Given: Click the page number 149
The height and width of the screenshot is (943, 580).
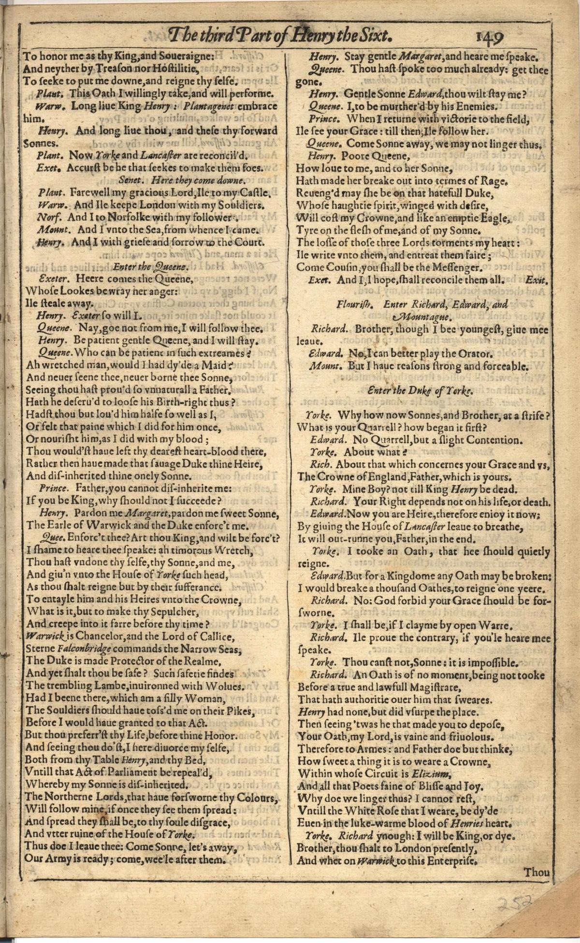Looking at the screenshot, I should coord(489,37).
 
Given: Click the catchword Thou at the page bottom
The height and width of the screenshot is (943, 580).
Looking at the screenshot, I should coord(536,872).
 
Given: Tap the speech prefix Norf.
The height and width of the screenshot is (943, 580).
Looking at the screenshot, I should coord(47,217).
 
